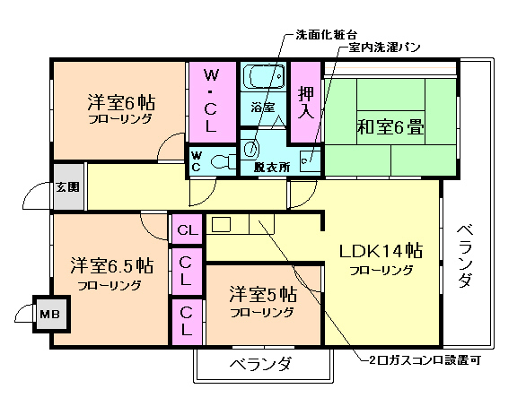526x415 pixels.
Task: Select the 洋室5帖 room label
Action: click(x=262, y=293)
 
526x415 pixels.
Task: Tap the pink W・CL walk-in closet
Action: click(x=211, y=101)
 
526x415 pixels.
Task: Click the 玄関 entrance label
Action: click(x=67, y=187)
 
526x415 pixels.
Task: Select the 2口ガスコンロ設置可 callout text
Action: click(x=430, y=362)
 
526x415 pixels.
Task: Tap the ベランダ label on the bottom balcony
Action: click(x=261, y=364)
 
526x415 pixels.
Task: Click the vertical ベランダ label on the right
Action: click(x=464, y=255)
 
